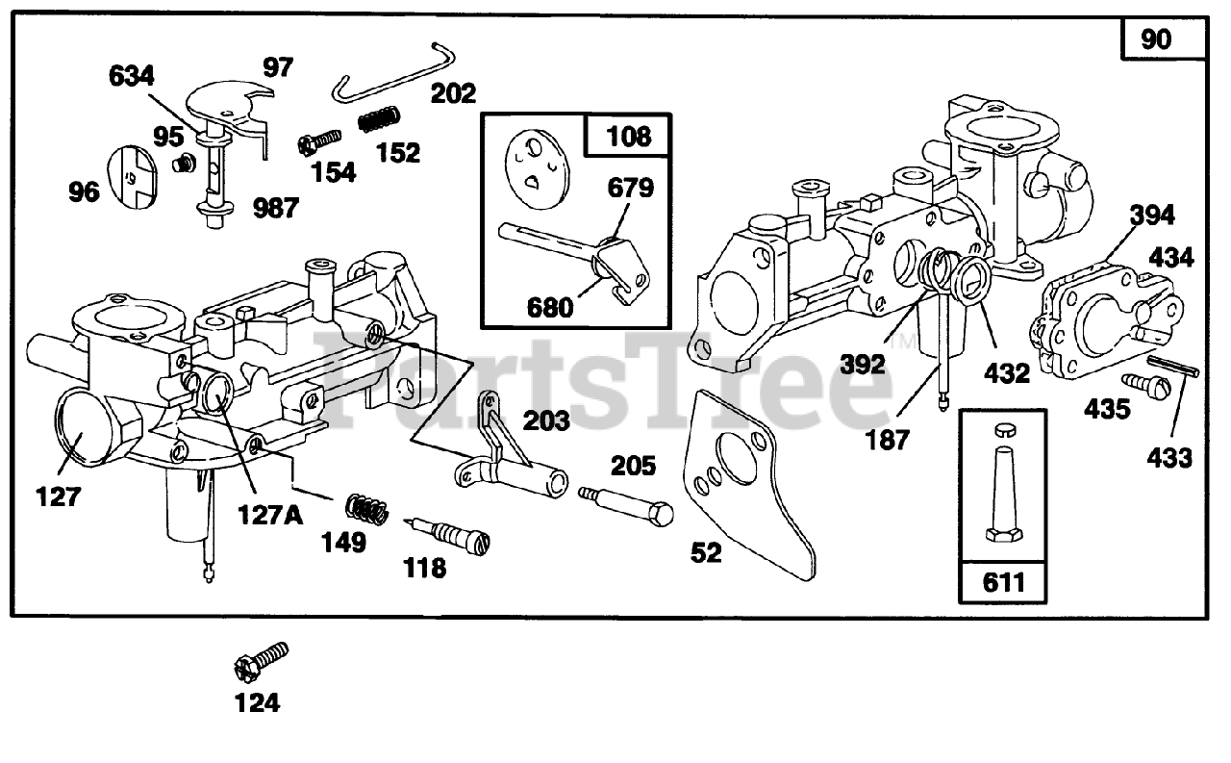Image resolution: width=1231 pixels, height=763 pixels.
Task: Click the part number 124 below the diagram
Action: (x=257, y=703)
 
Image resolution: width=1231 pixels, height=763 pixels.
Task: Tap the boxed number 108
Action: (x=629, y=136)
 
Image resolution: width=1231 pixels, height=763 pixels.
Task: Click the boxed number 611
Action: (x=1002, y=582)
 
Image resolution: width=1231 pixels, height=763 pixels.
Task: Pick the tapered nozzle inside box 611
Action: (x=1002, y=490)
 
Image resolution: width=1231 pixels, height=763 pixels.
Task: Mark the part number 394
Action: (x=1152, y=215)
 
